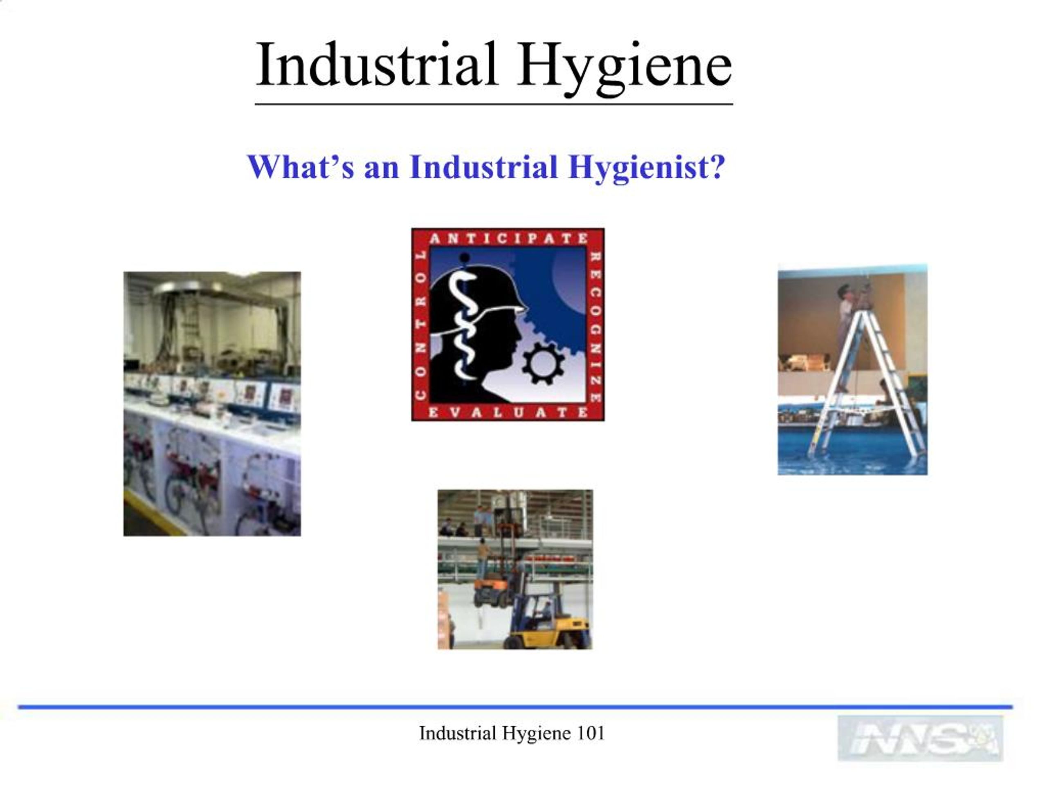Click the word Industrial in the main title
coord(376,65)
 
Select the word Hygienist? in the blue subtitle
coord(647,168)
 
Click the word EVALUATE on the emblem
coord(508,412)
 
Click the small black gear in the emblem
coord(543,363)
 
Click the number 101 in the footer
coord(591,733)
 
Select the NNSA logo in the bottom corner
coord(920,738)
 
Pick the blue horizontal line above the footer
coord(515,707)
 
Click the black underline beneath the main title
coord(494,103)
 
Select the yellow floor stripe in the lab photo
coord(151,514)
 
